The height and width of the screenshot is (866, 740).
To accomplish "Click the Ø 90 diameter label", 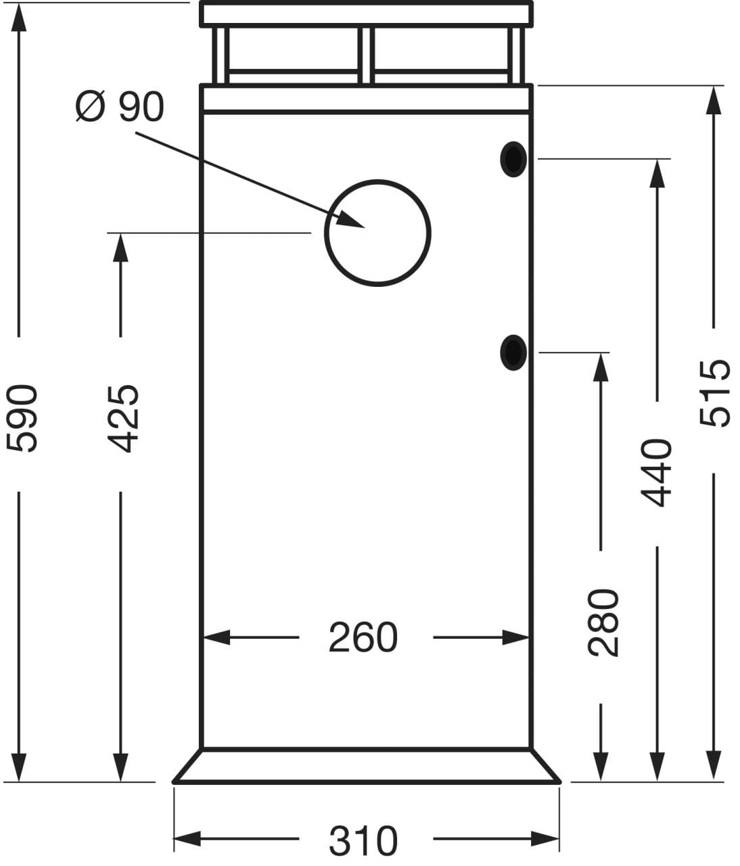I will coord(120,107).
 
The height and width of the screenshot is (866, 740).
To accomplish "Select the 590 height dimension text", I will coord(22,417).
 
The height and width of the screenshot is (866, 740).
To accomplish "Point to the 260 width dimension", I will coord(363,637).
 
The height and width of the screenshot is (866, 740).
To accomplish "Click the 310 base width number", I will coord(363,840).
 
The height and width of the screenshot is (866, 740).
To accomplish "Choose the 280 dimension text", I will coord(603,622).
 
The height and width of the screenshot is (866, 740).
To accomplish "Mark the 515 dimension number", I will coord(714,392).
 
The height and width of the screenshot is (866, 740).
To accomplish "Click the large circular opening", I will coord(377,233).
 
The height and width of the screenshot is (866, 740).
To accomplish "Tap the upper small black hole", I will coord(513,159).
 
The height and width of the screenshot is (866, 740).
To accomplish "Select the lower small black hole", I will coord(513,352).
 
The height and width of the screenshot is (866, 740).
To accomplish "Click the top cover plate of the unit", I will coord(367,14).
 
